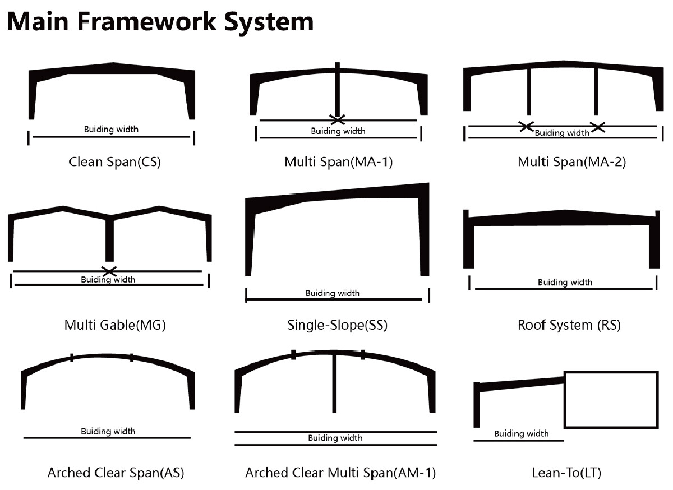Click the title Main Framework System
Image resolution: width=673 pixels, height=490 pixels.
pyautogui.click(x=160, y=21)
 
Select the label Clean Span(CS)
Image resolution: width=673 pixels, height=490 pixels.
pyautogui.click(x=114, y=162)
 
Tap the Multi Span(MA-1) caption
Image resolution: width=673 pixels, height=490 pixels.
pyautogui.click(x=338, y=162)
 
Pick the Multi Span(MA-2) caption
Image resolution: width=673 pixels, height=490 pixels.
pyautogui.click(x=571, y=162)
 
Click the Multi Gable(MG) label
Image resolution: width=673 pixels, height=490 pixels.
pyautogui.click(x=115, y=325)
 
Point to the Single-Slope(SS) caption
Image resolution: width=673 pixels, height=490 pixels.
pyautogui.click(x=337, y=325)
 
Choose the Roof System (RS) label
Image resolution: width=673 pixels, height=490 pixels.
pyautogui.click(x=569, y=325)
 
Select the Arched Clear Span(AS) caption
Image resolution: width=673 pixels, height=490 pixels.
pyautogui.click(x=116, y=473)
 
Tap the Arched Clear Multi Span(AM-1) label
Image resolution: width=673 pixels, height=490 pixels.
pyautogui.click(x=340, y=473)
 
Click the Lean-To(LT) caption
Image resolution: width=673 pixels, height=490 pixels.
pyautogui.click(x=566, y=473)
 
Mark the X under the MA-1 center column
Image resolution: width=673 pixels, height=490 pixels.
pyautogui.click(x=337, y=119)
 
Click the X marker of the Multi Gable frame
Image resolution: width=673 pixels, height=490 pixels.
pyautogui.click(x=109, y=271)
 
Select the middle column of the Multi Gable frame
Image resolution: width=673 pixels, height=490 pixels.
pyautogui.click(x=109, y=240)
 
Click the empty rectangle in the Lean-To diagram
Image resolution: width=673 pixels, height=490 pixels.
pyautogui.click(x=611, y=400)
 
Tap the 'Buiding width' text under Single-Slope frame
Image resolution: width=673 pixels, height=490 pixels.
pyautogui.click(x=333, y=293)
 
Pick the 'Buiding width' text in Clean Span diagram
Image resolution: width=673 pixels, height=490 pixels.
pyautogui.click(x=111, y=130)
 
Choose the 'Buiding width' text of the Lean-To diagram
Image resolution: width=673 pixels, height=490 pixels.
pyautogui.click(x=521, y=433)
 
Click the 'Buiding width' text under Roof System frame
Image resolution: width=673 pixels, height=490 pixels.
pyautogui.click(x=565, y=283)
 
